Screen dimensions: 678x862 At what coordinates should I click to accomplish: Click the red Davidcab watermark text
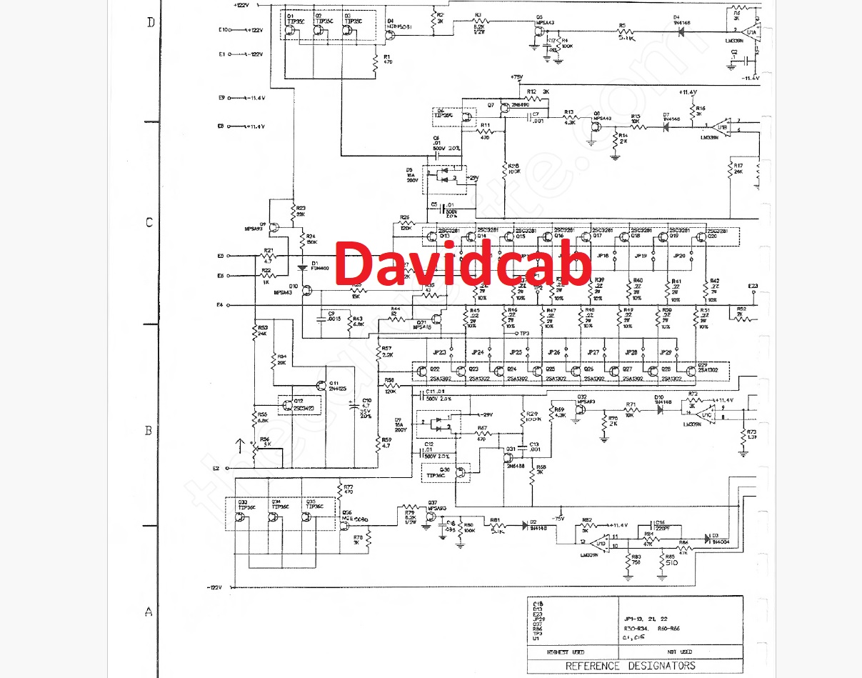click(x=463, y=264)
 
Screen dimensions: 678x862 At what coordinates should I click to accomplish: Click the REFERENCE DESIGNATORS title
click(x=630, y=666)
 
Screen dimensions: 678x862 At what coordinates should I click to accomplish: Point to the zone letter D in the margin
click(x=151, y=22)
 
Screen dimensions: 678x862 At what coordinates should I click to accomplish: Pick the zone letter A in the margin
click(x=149, y=612)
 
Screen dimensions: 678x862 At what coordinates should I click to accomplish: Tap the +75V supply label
click(x=516, y=77)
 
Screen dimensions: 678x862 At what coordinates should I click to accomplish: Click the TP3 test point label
click(x=524, y=334)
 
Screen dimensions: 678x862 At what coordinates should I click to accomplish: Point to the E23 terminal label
click(x=753, y=286)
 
